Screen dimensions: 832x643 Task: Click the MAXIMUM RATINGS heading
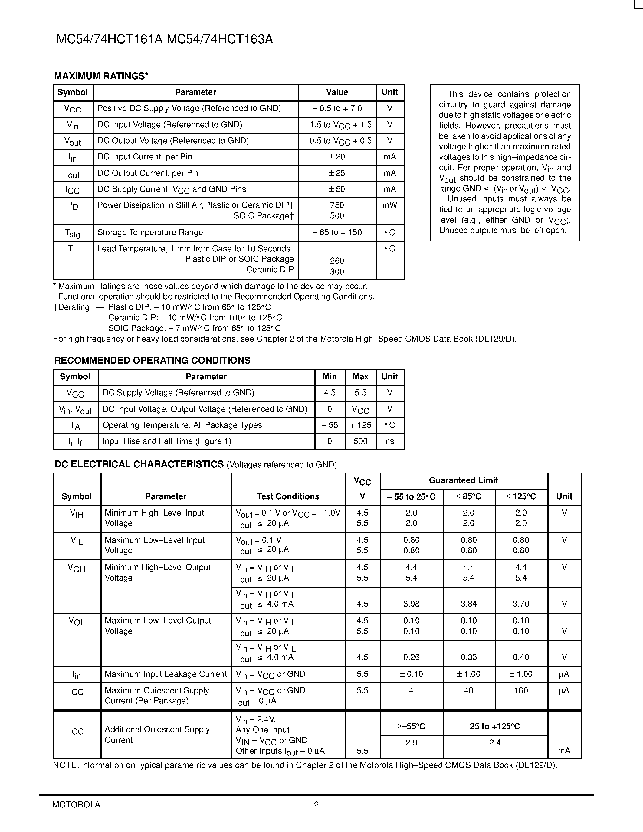coord(101,76)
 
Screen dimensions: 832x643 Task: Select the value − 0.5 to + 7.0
coord(337,109)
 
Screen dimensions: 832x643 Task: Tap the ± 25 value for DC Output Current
coord(337,173)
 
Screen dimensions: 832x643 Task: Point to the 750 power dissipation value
coord(337,205)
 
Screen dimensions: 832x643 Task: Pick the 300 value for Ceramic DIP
coord(337,272)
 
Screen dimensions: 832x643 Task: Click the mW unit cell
coord(389,205)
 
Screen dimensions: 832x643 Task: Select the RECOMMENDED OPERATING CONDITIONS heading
coord(153,360)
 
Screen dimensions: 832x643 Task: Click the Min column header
coord(330,377)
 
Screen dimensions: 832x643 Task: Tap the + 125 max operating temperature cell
coord(360,425)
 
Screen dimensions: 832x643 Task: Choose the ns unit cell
coord(389,441)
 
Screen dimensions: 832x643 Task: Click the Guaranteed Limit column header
coord(463,480)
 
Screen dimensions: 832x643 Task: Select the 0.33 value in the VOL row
coord(468,657)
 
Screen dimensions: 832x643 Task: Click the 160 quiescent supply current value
coord(521,691)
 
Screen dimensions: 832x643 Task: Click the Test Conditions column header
coord(288,496)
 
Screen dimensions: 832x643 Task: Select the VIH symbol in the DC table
coord(77,514)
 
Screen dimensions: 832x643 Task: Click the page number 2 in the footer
coord(316,804)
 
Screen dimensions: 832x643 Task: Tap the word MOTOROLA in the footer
coord(76,804)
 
